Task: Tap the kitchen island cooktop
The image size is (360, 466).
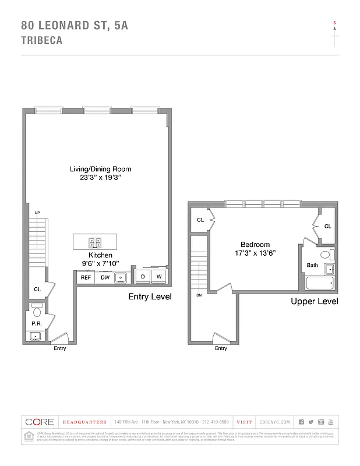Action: (94, 242)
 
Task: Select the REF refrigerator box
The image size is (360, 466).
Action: (86, 278)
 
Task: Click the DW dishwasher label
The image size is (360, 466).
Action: (105, 278)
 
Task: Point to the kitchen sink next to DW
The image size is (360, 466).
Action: (121, 278)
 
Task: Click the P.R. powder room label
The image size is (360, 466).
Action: (36, 324)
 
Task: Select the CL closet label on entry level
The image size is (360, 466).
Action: (37, 289)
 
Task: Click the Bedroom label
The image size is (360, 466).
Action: (255, 245)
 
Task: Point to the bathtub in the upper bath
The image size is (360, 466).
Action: (320, 284)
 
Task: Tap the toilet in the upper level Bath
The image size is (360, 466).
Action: (327, 255)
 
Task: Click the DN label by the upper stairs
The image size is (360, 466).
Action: (198, 295)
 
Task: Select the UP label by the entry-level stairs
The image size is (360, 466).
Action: (37, 213)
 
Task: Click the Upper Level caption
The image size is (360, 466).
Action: (314, 301)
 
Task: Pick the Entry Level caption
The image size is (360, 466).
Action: (150, 296)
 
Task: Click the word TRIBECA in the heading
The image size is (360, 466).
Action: (41, 41)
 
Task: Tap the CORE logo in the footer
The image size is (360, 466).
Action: (40, 422)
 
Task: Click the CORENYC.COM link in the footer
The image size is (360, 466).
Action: (274, 422)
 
